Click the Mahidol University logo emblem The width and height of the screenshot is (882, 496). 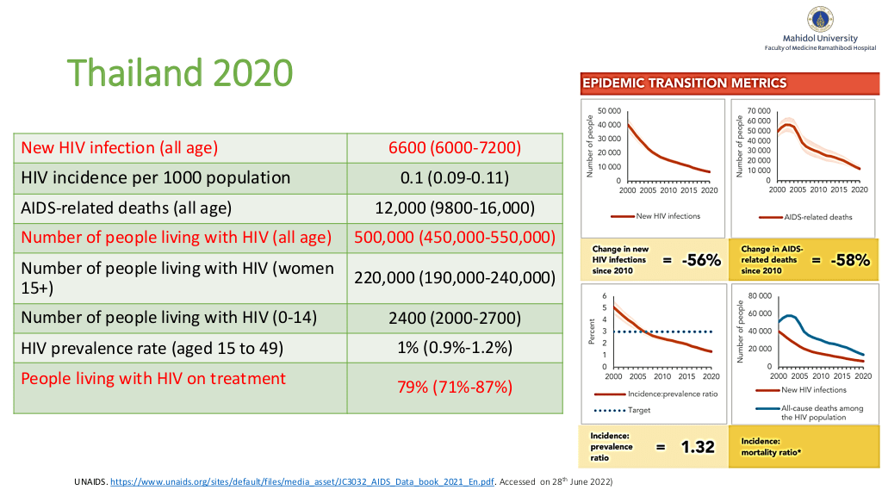(819, 19)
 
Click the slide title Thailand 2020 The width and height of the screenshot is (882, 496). (179, 73)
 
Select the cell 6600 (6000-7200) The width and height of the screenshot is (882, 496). (455, 147)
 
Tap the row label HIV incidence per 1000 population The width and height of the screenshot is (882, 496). (156, 177)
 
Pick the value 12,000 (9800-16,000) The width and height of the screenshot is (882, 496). (455, 208)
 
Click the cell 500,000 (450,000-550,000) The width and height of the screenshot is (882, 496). (455, 237)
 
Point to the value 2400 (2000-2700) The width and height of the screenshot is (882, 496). (455, 317)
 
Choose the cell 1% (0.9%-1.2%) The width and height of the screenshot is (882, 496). (455, 347)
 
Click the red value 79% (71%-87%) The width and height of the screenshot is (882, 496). (455, 387)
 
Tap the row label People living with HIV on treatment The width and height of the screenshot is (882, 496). (153, 378)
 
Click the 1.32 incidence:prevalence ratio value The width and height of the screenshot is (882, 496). (699, 447)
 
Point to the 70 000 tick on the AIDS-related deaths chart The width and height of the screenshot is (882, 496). (757, 111)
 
